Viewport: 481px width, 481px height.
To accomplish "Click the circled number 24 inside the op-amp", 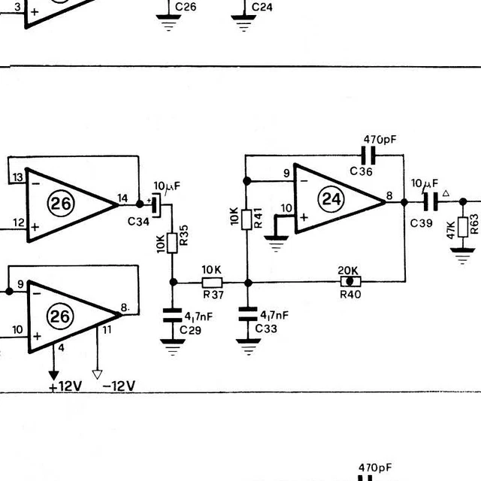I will tap(331, 199).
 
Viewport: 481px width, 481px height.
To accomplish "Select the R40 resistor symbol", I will tap(349, 282).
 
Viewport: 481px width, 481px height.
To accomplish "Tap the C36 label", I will tap(361, 171).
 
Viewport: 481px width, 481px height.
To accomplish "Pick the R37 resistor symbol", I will tap(211, 283).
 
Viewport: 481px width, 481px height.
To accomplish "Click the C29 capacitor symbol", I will tap(174, 316).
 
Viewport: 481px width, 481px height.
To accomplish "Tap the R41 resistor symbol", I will tap(247, 218).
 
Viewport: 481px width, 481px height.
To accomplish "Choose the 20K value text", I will tap(349, 271).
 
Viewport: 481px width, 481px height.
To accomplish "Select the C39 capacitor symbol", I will tap(431, 202).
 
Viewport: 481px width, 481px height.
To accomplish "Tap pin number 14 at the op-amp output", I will tap(122, 199).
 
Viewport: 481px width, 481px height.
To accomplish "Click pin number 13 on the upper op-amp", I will tap(17, 177).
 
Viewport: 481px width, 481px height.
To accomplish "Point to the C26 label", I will tap(186, 8).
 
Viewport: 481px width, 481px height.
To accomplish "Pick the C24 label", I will tap(262, 8).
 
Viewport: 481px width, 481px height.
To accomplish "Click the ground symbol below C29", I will tap(174, 347).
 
